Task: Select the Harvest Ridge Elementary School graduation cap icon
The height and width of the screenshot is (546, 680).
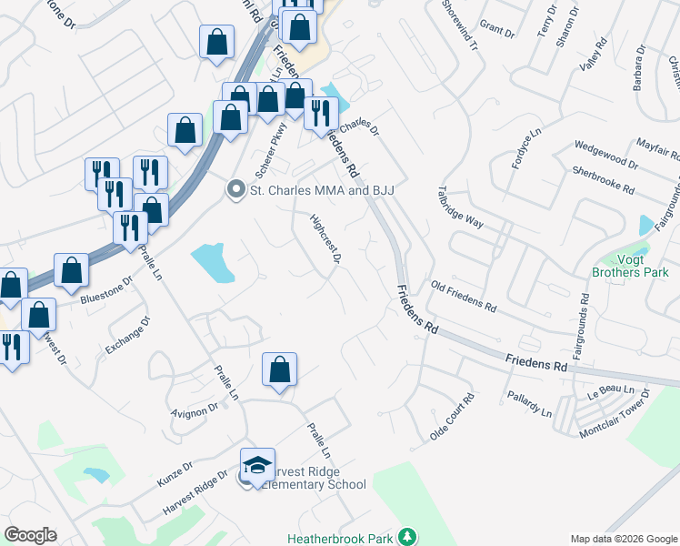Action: (x=258, y=464)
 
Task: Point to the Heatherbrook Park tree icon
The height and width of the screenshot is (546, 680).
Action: (x=409, y=538)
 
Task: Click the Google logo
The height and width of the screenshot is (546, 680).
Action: (x=30, y=535)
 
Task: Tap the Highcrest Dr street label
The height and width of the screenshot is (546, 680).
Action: (x=325, y=239)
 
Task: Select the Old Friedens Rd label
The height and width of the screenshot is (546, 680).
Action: (x=464, y=297)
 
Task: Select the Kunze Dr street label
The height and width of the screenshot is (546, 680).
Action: (x=175, y=471)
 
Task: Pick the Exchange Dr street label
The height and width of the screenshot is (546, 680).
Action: (x=128, y=335)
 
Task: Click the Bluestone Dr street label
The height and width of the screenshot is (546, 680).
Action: (x=106, y=288)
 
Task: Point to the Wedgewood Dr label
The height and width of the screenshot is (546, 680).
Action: (x=606, y=153)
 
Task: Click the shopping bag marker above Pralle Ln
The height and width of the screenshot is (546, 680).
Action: (x=280, y=369)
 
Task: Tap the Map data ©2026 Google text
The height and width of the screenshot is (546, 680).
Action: (x=623, y=539)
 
